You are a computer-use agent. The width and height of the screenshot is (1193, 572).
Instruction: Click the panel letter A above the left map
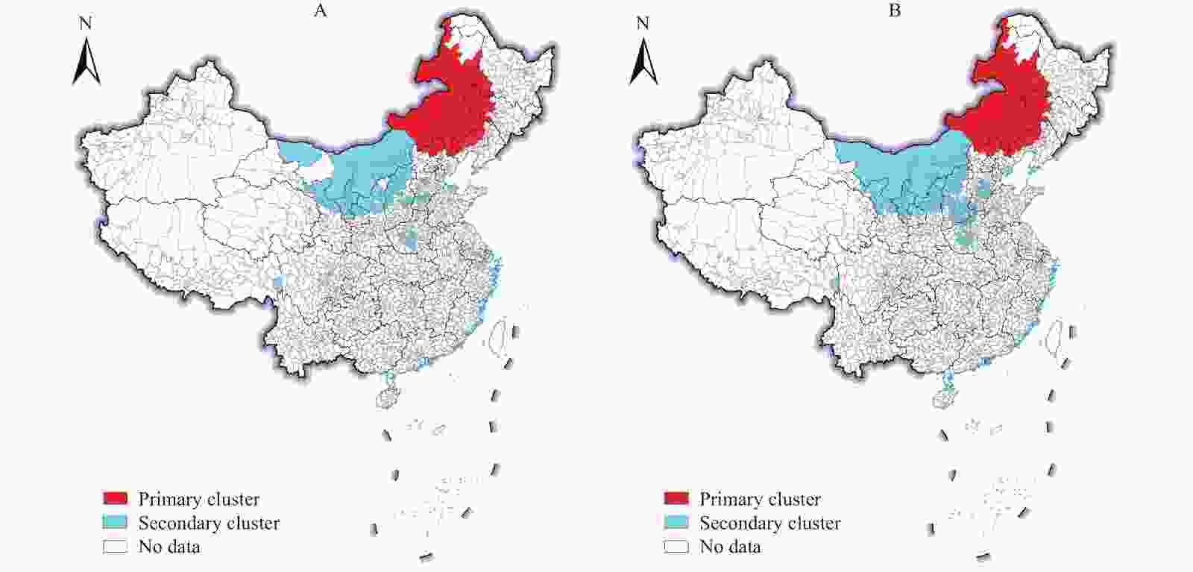pos(320,11)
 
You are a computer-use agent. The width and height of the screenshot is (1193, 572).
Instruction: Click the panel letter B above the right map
pos(894,11)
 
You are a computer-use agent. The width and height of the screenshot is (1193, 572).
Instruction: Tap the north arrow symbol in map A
pos(86,63)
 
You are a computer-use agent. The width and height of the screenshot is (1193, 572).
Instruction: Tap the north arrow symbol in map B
pos(643,63)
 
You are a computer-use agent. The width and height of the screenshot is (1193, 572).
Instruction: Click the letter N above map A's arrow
pos(86,23)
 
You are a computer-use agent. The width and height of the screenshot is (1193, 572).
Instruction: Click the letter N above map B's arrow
pos(643,23)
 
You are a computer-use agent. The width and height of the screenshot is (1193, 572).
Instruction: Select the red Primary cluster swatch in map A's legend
pos(116,498)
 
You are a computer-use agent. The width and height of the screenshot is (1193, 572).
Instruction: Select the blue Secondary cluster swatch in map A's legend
pos(116,522)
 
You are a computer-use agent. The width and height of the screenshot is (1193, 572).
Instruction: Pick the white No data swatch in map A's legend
pos(116,547)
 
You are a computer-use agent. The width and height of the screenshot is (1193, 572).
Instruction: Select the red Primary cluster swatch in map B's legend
pos(676,498)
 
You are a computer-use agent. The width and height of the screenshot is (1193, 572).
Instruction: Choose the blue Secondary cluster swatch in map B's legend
pos(676,522)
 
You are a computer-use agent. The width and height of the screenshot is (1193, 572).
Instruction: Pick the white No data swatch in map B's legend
pos(676,547)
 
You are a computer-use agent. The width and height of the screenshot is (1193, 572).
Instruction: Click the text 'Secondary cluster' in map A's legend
pos(209,523)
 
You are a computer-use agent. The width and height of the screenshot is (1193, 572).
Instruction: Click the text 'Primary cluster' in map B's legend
pos(760,499)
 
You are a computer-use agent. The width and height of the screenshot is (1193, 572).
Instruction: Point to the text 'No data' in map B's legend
pos(730,547)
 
